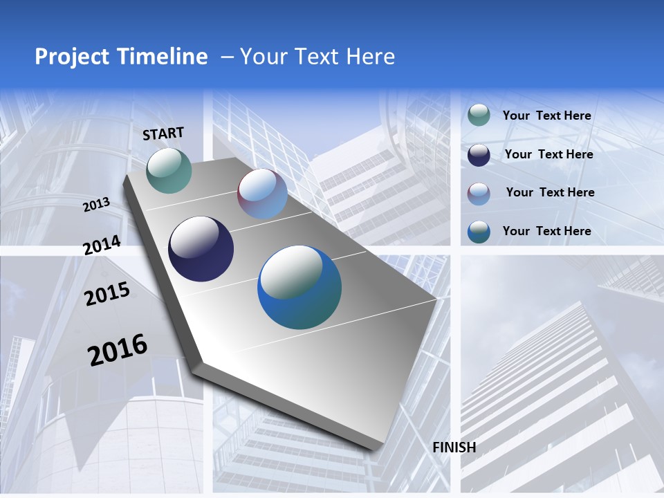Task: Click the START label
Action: (x=163, y=133)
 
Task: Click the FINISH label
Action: (x=454, y=448)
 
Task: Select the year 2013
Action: (x=97, y=205)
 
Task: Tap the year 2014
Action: (x=102, y=246)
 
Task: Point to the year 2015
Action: (x=107, y=295)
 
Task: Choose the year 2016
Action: (x=118, y=350)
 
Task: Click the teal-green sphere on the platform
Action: (x=169, y=170)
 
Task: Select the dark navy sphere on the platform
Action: (x=201, y=249)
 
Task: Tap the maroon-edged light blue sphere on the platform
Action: (x=262, y=194)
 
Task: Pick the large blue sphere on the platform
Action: (x=299, y=287)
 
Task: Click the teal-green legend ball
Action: (x=479, y=115)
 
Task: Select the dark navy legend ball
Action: (x=479, y=154)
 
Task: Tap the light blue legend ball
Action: (x=479, y=193)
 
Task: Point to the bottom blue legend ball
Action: (x=479, y=232)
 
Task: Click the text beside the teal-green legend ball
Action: (x=546, y=116)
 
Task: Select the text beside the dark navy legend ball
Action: (x=548, y=154)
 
